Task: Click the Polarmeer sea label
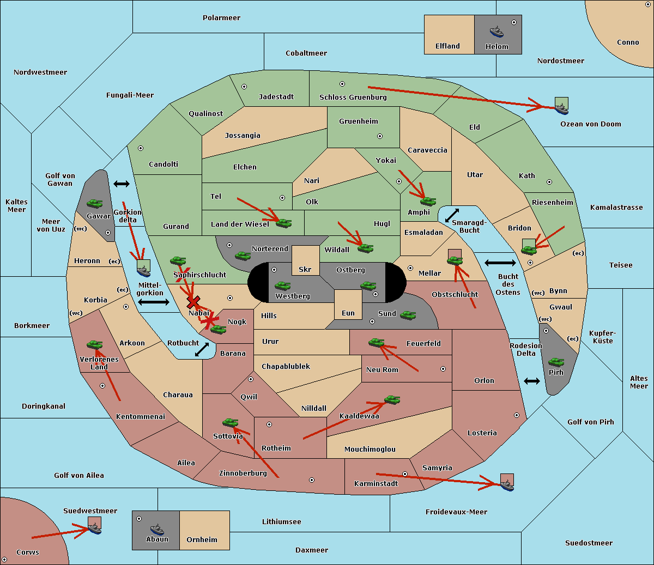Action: pos(221,18)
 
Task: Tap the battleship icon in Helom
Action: pos(496,32)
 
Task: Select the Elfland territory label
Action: pos(447,46)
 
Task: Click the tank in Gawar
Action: pos(95,203)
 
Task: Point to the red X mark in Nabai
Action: pos(193,302)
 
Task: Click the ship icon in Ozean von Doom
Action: pos(561,107)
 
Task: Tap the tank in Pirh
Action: pos(556,362)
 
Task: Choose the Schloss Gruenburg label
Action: pos(353,98)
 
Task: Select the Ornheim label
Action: pos(202,540)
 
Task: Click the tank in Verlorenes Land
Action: pos(94,344)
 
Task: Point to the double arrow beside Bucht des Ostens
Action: pos(500,263)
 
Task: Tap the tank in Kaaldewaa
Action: pos(392,400)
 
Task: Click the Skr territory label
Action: pos(305,270)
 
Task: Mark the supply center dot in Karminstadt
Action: pos(405,474)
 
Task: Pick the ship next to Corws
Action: pos(94,528)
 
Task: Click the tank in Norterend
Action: pos(243,256)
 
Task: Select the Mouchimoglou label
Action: pos(370,449)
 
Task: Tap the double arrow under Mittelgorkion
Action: pos(154,302)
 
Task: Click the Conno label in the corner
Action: pos(628,42)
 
